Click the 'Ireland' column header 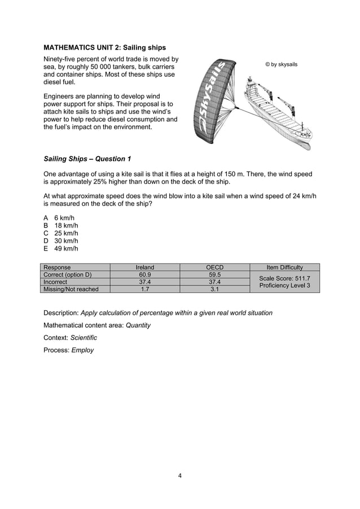pos(145,267)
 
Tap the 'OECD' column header pos(214,267)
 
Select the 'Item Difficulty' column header pos(284,267)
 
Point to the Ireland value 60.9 pos(145,275)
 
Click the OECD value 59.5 pos(214,275)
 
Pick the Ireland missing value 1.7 pos(145,289)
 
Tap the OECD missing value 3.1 pos(214,289)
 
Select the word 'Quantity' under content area pos(138,325)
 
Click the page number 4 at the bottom pos(179,475)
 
